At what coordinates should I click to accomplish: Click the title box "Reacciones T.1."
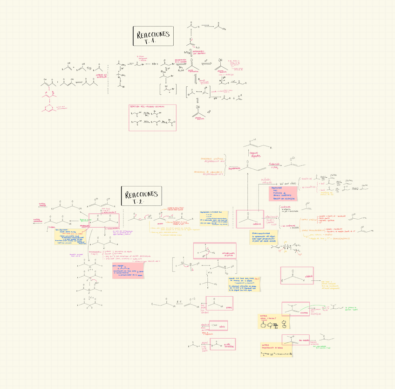click(x=153, y=36)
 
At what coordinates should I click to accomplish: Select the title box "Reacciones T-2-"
click(x=140, y=196)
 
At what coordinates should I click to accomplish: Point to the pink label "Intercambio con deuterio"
click(x=199, y=53)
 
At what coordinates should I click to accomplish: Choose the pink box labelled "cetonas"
click(x=250, y=219)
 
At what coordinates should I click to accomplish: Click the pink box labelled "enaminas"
click(x=295, y=309)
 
